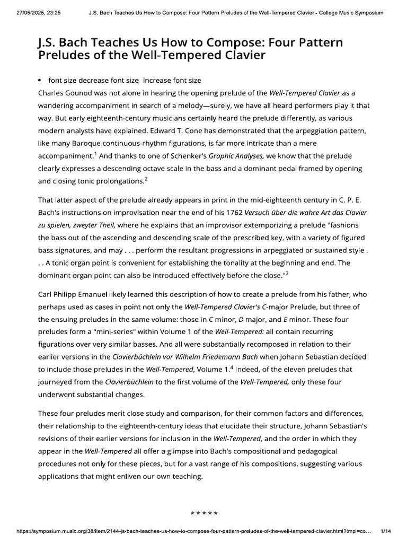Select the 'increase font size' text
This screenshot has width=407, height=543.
[x=172, y=80]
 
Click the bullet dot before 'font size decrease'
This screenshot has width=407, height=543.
[x=41, y=81]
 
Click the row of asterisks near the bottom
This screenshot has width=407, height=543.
[x=203, y=499]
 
